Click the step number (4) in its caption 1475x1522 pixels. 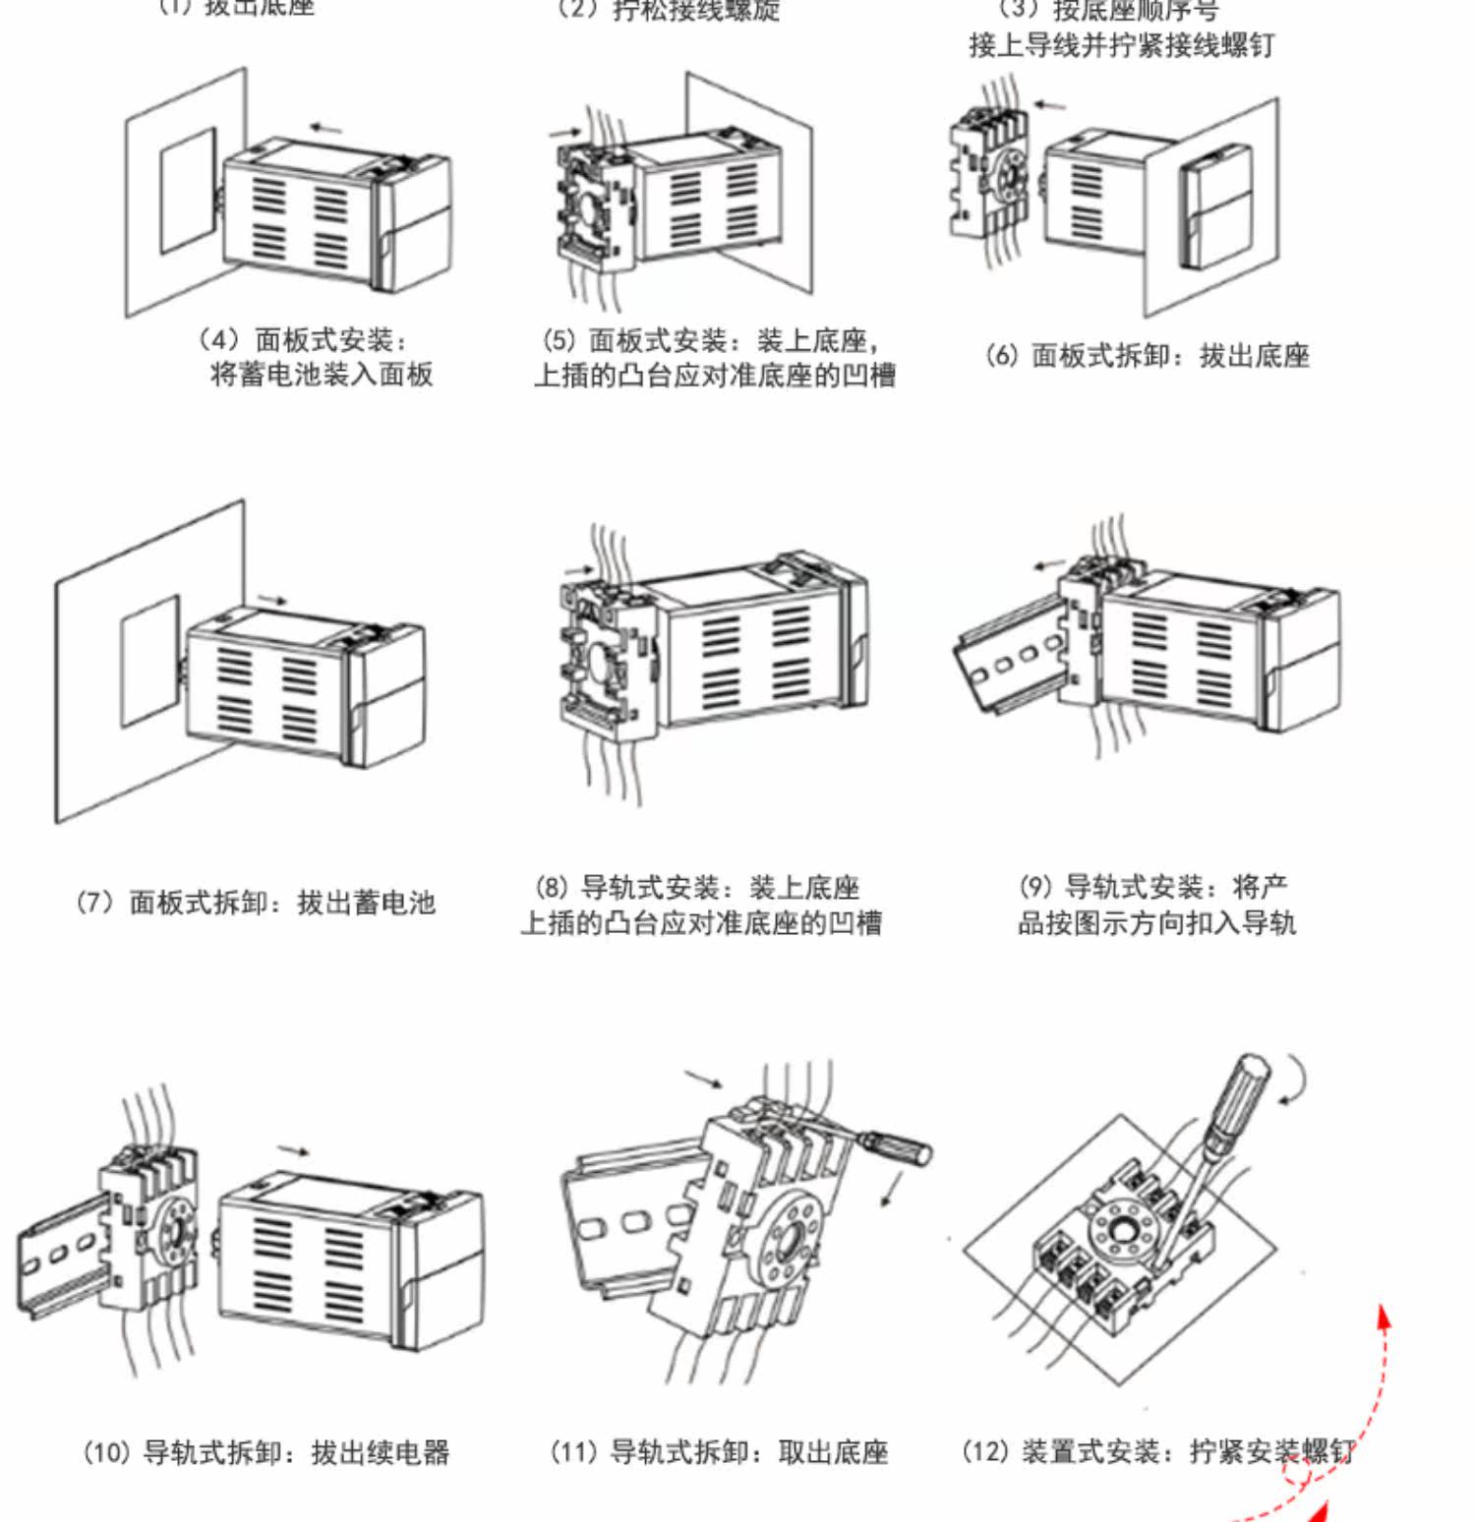point(218,340)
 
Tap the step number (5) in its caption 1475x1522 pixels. point(559,341)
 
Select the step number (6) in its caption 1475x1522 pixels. point(1001,355)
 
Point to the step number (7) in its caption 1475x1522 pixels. point(94,903)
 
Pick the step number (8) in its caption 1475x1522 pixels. point(552,888)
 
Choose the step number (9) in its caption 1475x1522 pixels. point(1035,888)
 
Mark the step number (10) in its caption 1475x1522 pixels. point(106,1452)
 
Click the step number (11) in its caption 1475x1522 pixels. point(573,1452)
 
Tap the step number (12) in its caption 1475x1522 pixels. point(985,1452)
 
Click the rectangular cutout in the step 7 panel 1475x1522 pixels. point(149,660)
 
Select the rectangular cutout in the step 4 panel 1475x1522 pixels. point(188,190)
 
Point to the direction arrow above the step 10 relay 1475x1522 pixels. point(293,1150)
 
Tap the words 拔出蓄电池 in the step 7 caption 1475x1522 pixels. point(366,903)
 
